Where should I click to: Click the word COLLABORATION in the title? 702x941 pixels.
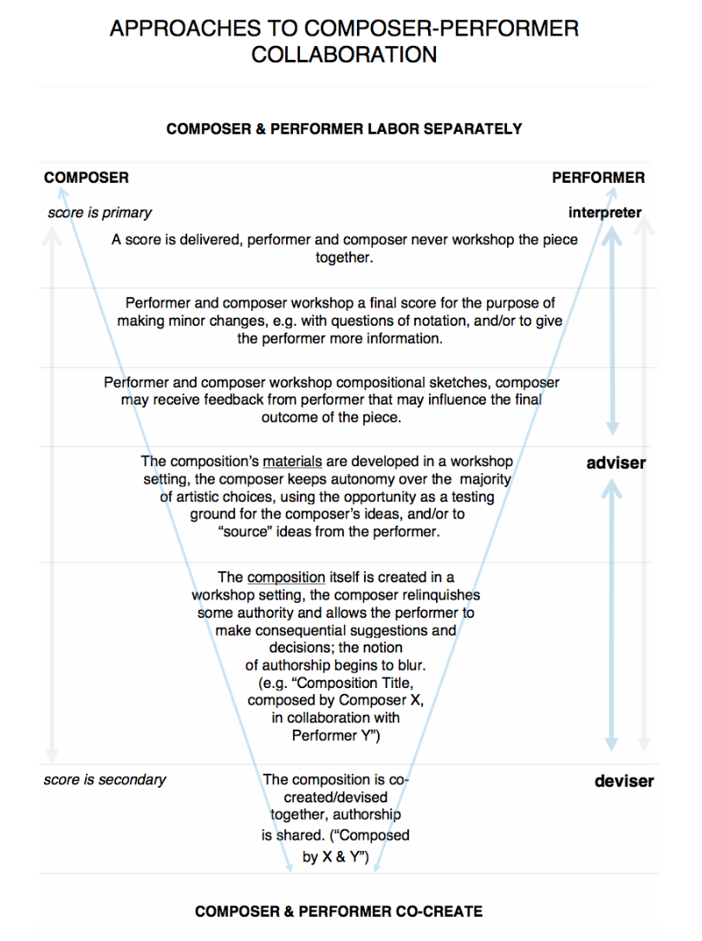(344, 55)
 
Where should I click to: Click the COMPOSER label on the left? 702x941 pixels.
(87, 178)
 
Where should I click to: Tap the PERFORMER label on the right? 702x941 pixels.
(599, 178)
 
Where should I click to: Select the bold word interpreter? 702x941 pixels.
(605, 212)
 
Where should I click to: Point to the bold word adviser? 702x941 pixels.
(616, 463)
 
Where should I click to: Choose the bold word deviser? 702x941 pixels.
(624, 781)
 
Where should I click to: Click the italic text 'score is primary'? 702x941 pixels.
(100, 212)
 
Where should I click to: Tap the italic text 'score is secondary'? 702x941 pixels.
(105, 780)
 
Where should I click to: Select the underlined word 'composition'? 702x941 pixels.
(287, 577)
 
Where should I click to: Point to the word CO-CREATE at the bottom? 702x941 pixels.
(436, 912)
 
